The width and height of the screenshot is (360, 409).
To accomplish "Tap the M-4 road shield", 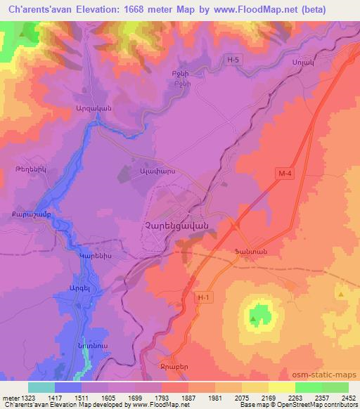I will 283,171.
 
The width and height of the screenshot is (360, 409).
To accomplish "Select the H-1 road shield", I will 204,299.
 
